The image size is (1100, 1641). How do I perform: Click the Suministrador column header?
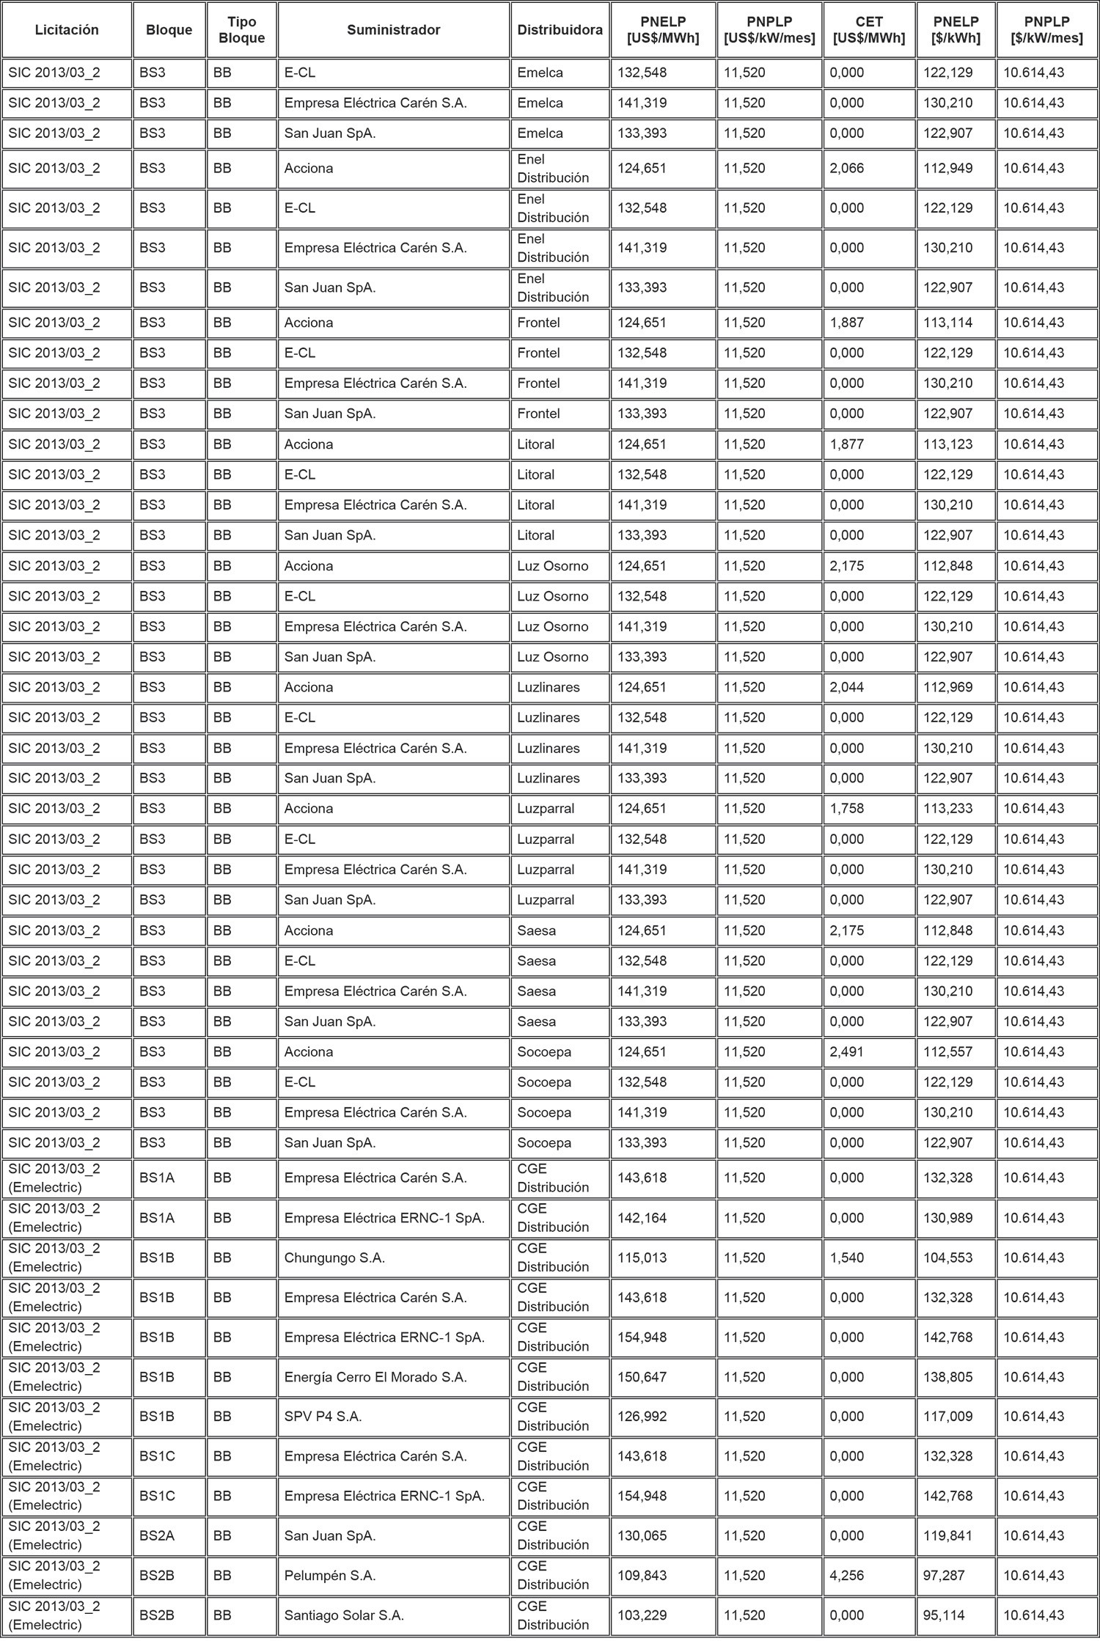(x=393, y=30)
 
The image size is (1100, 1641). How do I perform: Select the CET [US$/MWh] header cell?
(x=869, y=30)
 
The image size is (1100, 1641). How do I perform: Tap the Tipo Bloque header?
(x=241, y=30)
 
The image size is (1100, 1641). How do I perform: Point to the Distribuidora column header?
(x=560, y=30)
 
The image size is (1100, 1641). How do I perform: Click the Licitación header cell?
(x=67, y=30)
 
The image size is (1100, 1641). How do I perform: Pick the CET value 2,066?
(x=847, y=169)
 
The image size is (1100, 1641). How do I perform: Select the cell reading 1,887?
(x=847, y=323)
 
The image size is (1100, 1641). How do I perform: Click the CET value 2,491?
(x=847, y=1051)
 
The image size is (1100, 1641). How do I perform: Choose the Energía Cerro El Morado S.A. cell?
(x=375, y=1377)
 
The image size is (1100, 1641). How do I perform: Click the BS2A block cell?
(x=157, y=1535)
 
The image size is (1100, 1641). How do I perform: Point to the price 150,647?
(x=642, y=1377)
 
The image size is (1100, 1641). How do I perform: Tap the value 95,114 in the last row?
(x=944, y=1615)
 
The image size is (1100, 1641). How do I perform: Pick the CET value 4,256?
(x=847, y=1575)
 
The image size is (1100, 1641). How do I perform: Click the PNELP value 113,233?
(x=947, y=809)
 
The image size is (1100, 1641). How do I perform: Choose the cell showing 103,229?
(x=642, y=1615)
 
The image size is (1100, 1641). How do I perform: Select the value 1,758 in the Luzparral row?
(x=847, y=809)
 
